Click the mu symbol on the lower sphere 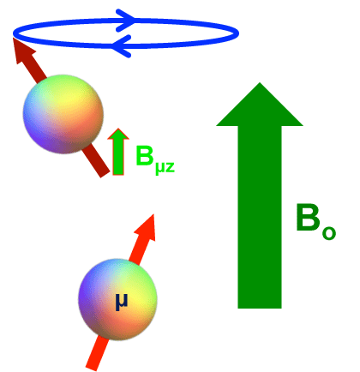[121, 303]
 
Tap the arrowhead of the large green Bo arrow [260, 105]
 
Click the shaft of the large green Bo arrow [260, 217]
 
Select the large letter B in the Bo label [309, 217]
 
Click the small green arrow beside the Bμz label [118, 152]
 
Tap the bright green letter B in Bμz [144, 155]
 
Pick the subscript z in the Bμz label [170, 167]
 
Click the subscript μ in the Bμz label [159, 169]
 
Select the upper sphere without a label [63, 114]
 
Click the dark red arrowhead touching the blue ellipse [24, 51]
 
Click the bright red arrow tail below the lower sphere [98, 354]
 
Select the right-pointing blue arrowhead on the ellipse [125, 20]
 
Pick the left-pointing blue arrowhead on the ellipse [121, 45]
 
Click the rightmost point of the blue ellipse [238, 33]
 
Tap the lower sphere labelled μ [117, 299]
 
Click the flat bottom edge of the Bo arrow [260, 308]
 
